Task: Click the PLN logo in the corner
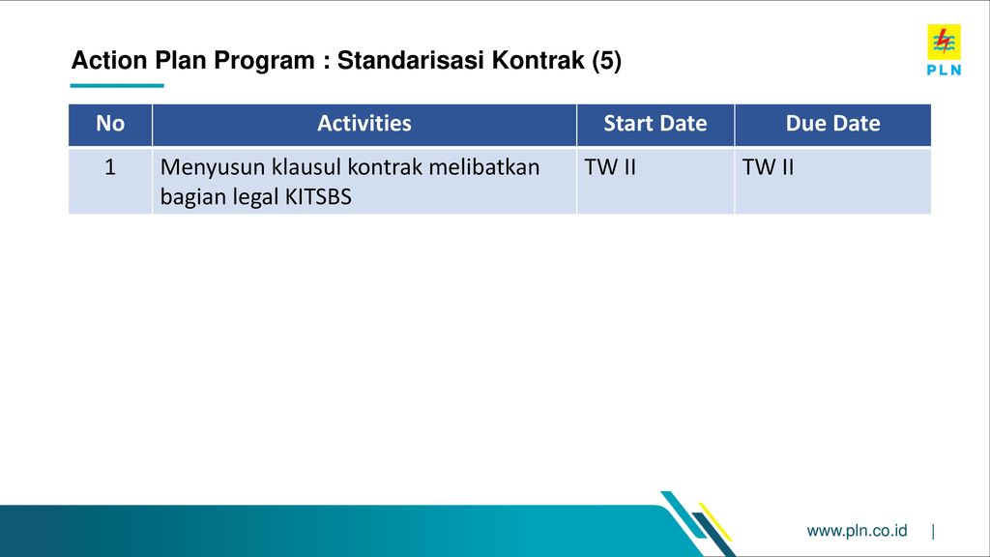click(x=944, y=50)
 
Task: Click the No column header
click(x=110, y=123)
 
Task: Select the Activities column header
click(x=364, y=123)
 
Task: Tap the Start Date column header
click(x=655, y=123)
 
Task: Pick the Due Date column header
click(x=832, y=123)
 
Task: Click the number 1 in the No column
click(x=110, y=167)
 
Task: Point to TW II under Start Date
click(x=610, y=167)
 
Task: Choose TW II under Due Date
click(x=768, y=167)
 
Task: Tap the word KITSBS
click(x=318, y=197)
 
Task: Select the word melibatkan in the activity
click(x=484, y=167)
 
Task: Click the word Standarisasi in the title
click(x=410, y=60)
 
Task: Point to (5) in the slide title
click(x=607, y=61)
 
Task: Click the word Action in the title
click(x=109, y=60)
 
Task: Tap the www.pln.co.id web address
click(x=857, y=531)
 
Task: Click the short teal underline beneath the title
click(x=117, y=85)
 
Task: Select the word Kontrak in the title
click(x=538, y=60)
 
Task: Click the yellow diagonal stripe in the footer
click(x=715, y=522)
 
